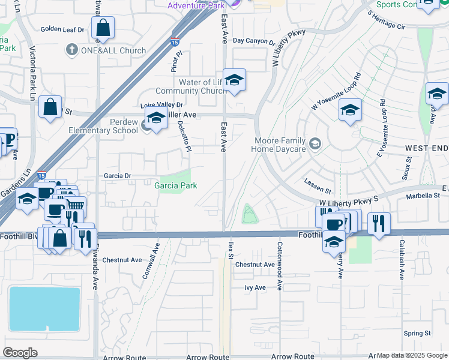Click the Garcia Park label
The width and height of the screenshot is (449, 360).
click(x=176, y=185)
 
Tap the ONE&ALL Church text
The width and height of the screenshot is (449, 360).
click(x=113, y=50)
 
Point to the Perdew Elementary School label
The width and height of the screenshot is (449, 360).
click(x=115, y=125)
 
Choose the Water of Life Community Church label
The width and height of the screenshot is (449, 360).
click(x=198, y=86)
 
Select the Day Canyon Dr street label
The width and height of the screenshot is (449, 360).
click(x=253, y=41)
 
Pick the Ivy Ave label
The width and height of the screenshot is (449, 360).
click(x=255, y=288)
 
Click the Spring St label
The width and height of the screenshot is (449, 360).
click(x=417, y=333)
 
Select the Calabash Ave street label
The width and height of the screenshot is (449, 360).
click(x=402, y=260)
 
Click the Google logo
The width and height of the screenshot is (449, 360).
click(x=20, y=352)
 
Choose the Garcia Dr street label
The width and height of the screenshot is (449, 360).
click(x=117, y=176)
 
